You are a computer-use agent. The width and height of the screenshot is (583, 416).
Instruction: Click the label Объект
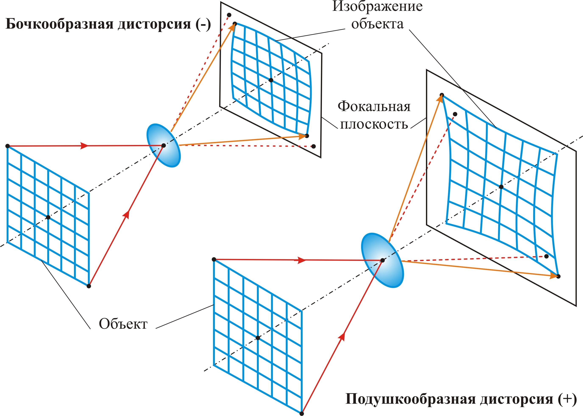123,324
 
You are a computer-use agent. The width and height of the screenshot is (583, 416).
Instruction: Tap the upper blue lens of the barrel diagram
164,146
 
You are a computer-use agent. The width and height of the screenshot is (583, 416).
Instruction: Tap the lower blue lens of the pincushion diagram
382,260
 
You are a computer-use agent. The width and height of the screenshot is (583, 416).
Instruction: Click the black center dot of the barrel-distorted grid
271,80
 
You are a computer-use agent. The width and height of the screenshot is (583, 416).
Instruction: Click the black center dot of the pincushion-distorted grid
501,187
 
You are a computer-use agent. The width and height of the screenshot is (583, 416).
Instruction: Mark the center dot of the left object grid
48,217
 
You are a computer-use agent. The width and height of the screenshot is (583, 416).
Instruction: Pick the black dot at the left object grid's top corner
7,146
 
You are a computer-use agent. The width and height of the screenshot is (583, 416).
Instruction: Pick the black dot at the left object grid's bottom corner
89,286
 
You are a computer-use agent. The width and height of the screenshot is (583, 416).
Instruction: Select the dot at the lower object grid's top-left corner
214,259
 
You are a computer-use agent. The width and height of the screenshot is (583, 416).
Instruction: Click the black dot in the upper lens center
164,146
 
